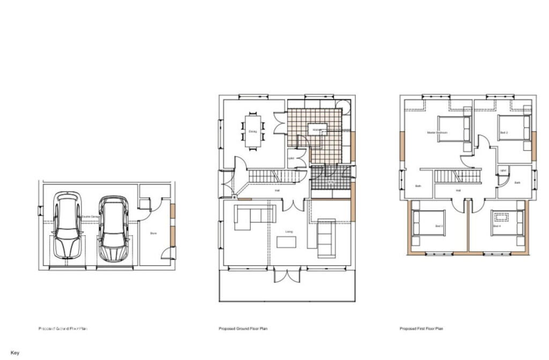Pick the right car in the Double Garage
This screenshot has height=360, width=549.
(x=113, y=228)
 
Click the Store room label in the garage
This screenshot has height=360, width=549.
(x=153, y=233)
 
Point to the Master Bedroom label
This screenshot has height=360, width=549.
(x=437, y=132)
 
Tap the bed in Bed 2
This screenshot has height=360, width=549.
(x=514, y=128)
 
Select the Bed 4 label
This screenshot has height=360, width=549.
(x=496, y=226)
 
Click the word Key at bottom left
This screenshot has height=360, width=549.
(x=14, y=353)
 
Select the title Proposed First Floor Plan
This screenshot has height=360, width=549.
(x=421, y=328)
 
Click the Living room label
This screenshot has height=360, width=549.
(x=289, y=232)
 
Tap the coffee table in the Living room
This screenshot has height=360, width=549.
(x=286, y=242)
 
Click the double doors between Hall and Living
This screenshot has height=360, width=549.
(x=294, y=204)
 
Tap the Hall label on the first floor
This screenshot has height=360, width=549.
(x=458, y=190)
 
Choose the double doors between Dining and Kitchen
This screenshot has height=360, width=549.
(x=279, y=123)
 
